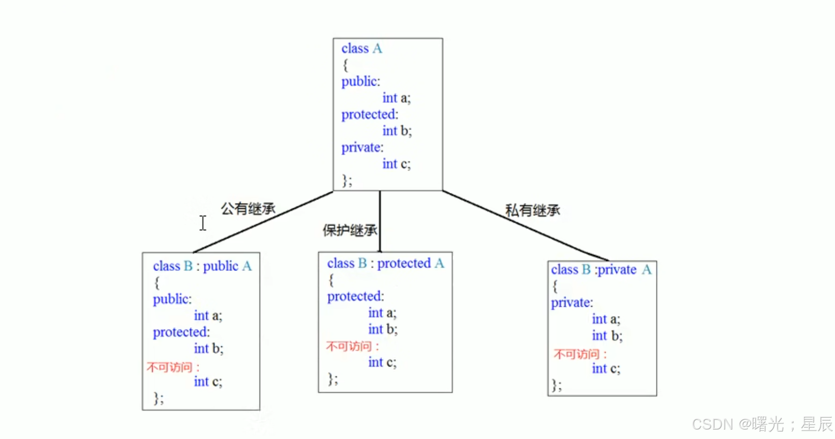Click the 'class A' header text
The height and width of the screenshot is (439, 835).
362,49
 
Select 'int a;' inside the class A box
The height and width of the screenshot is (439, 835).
396,98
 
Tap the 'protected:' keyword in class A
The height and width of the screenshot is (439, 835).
370,114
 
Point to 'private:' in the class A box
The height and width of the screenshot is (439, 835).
362,148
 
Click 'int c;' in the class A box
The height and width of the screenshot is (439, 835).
396,164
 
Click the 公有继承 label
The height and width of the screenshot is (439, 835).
248,209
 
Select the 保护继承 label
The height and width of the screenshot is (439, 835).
350,230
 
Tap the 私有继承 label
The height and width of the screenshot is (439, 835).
532,211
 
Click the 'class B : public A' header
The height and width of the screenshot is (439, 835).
202,266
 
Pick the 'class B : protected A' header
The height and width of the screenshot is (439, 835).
385,263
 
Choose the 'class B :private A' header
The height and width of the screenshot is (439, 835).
601,270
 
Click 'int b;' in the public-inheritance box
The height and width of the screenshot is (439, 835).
208,349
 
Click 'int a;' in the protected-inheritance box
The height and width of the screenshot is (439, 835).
382,313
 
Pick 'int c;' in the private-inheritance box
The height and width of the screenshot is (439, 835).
606,369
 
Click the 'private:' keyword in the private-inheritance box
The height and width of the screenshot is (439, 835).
572,303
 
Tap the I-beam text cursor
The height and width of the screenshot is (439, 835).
203,223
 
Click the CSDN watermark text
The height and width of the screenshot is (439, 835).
762,424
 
